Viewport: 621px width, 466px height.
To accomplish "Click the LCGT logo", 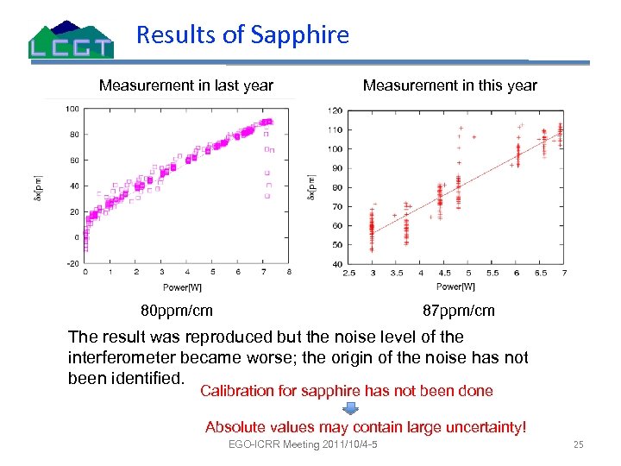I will point(71,40).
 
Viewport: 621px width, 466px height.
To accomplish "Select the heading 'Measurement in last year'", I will point(186,85).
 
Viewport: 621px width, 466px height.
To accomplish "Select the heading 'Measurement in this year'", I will point(449,85).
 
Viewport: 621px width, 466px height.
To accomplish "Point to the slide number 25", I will point(579,444).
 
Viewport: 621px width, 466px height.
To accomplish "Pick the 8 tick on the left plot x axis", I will point(288,272).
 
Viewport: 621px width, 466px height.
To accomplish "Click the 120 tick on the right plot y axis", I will point(336,110).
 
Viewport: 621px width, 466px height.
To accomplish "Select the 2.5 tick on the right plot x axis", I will point(349,273).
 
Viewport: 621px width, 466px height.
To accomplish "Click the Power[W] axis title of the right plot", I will point(455,286).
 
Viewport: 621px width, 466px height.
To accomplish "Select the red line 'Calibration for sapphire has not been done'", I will point(346,391).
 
